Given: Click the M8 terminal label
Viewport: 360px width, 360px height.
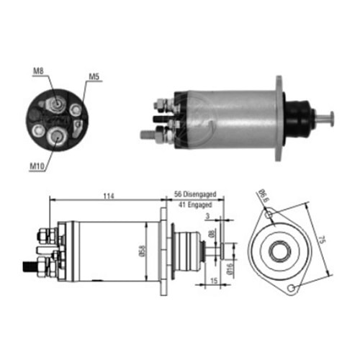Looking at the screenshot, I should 38,70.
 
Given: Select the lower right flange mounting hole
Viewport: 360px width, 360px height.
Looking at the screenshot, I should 292,289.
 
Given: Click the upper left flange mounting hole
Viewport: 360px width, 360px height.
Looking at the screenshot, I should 268,215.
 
